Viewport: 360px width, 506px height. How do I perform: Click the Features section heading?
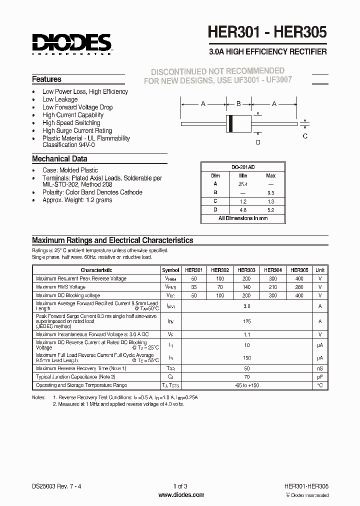[x=46, y=79]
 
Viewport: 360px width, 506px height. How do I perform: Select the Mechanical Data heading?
[x=59, y=159]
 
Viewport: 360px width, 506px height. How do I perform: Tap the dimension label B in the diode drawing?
[x=238, y=104]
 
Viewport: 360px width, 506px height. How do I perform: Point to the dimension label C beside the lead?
[x=305, y=136]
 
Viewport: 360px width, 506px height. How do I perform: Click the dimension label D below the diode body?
[x=258, y=142]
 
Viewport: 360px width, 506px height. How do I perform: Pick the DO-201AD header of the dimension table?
[x=243, y=167]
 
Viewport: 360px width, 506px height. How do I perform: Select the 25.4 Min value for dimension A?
[x=243, y=183]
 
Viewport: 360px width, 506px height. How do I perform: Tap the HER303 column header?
[x=246, y=269]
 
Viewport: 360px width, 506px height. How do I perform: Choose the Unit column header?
[x=320, y=269]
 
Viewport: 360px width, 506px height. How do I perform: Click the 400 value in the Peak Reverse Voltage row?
[x=299, y=278]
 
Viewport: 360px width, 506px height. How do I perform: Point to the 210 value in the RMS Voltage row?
[x=273, y=287]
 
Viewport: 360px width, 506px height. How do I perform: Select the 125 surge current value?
[x=246, y=321]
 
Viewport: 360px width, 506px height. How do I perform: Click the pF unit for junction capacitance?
[x=320, y=376]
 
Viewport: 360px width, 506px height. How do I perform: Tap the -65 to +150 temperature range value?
[x=246, y=385]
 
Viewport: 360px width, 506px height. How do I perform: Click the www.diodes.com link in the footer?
[x=181, y=495]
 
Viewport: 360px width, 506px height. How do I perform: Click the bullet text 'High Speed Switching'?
[x=71, y=123]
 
